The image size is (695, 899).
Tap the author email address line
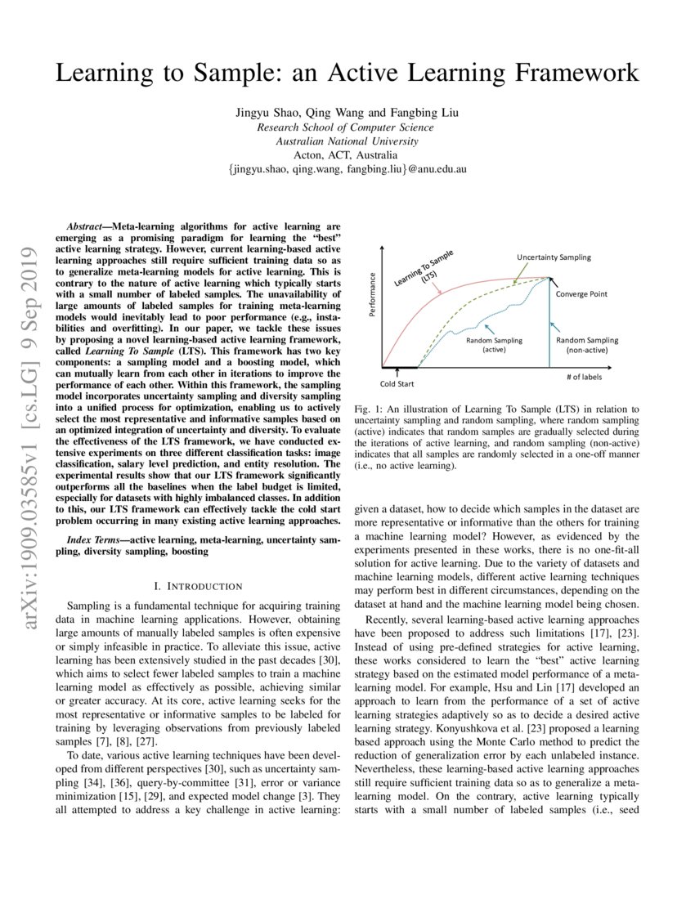347,168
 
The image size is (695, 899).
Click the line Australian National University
347,141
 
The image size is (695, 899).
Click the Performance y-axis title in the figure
372,295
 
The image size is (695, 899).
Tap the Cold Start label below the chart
397,382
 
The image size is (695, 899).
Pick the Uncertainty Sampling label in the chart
553,257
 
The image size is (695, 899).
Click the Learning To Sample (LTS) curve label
428,271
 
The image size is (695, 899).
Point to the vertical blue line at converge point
549,327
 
